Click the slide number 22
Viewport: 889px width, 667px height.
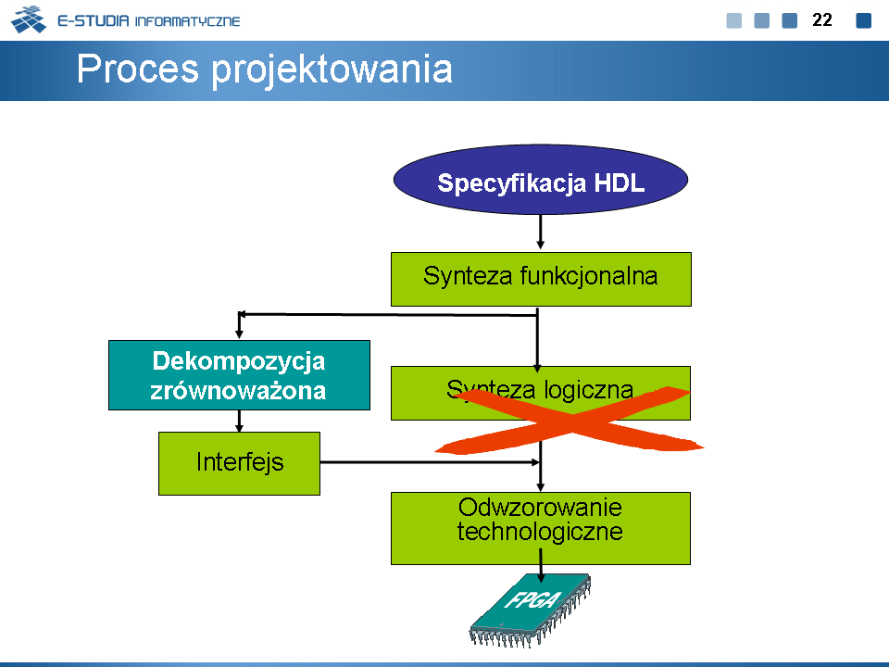click(x=821, y=19)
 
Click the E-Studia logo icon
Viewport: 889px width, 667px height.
click(x=29, y=19)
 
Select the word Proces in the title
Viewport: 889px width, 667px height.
click(x=138, y=69)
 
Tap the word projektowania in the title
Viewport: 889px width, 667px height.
click(x=332, y=70)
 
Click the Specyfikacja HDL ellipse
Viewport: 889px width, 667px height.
click(x=540, y=179)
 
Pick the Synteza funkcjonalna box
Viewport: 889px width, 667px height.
click(x=541, y=279)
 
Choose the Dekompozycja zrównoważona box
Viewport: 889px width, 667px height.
click(x=239, y=375)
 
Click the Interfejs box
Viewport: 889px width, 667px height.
click(x=239, y=463)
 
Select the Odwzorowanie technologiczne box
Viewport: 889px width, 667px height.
click(x=541, y=528)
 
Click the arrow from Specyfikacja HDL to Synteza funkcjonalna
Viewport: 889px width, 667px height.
click(x=540, y=232)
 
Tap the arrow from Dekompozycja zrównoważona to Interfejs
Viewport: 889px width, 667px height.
click(x=239, y=421)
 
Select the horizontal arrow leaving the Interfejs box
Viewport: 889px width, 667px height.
click(x=430, y=462)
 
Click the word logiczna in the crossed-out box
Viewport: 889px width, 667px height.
click(x=589, y=390)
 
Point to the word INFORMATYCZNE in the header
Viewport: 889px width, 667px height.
click(x=188, y=21)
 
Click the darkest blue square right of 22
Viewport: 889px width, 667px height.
click(x=863, y=20)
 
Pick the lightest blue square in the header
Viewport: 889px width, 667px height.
click(x=734, y=20)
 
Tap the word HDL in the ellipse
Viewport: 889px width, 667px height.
click(x=620, y=183)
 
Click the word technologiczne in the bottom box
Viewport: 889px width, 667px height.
click(x=540, y=532)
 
